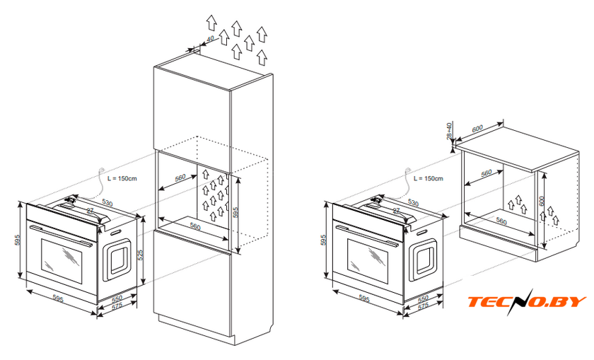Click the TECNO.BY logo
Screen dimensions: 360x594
[528, 302]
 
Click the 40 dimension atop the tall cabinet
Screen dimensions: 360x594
[209, 40]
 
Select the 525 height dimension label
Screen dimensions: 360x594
[141, 253]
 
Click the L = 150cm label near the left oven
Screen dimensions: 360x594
[123, 180]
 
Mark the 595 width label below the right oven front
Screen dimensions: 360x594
[365, 300]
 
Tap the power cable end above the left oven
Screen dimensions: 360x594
[103, 169]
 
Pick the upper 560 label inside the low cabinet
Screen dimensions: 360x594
[486, 173]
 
